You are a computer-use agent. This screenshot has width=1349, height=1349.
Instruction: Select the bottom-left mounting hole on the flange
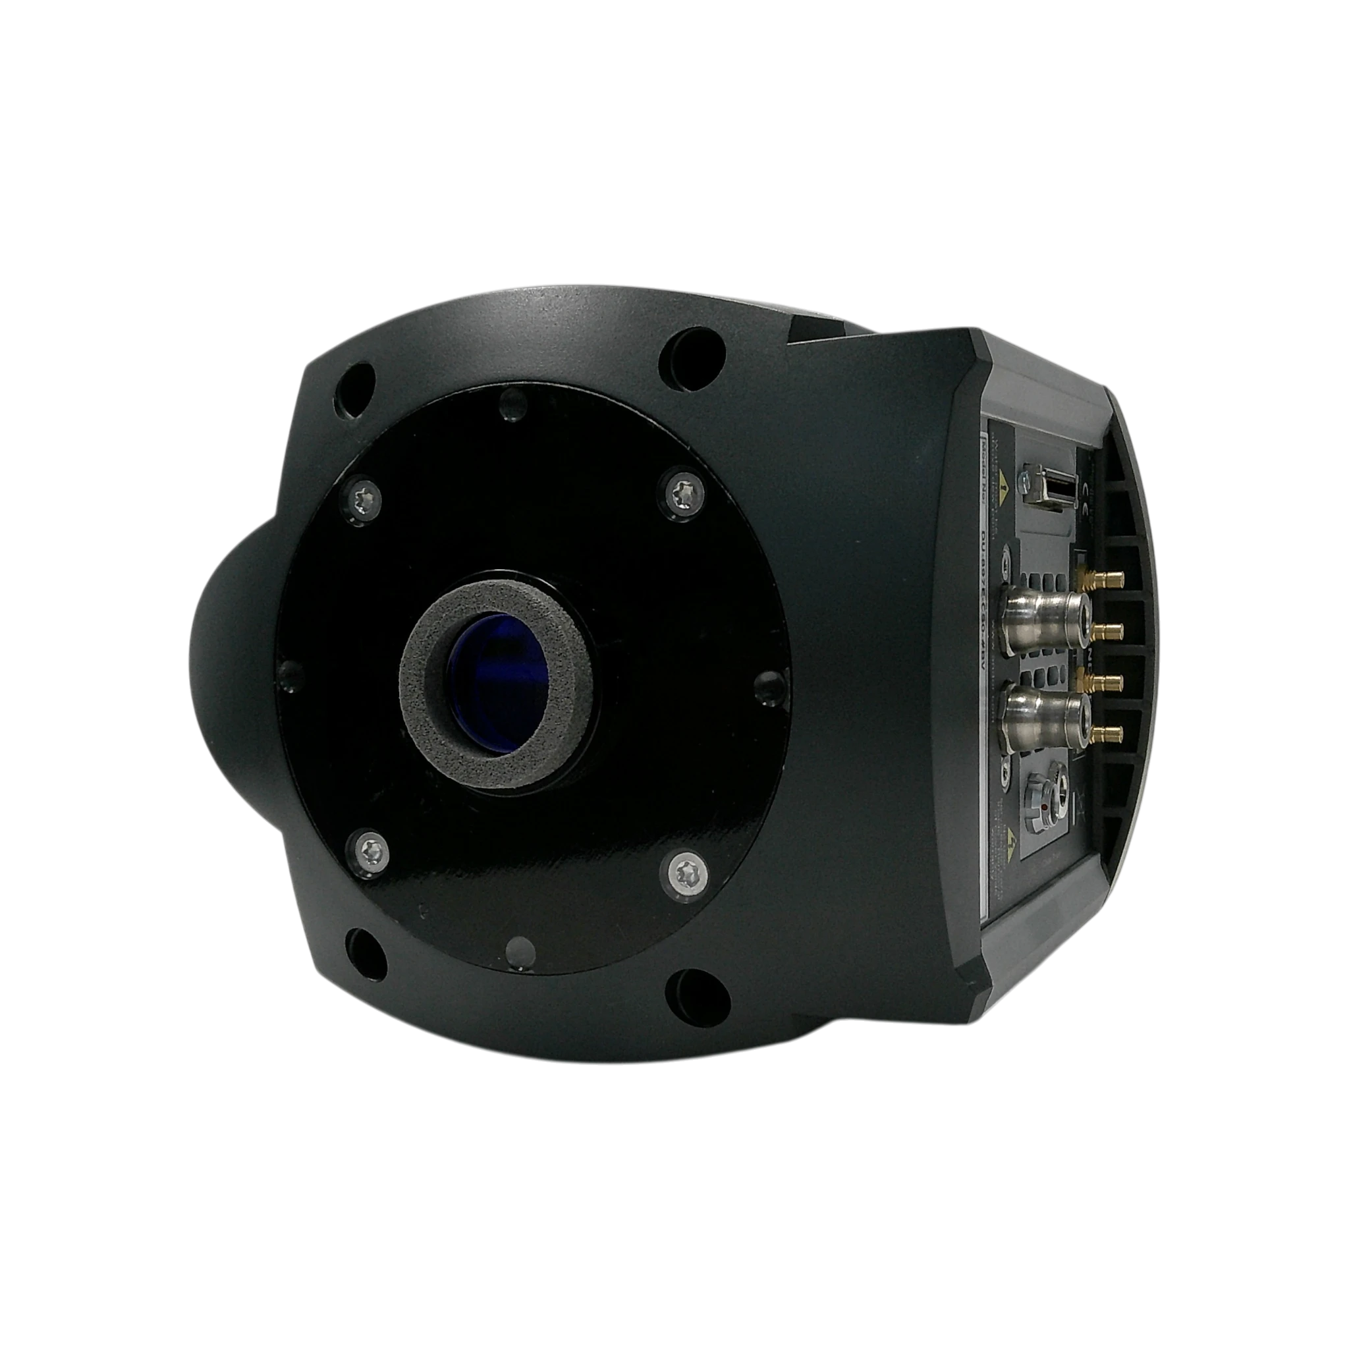pyautogui.click(x=363, y=947)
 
